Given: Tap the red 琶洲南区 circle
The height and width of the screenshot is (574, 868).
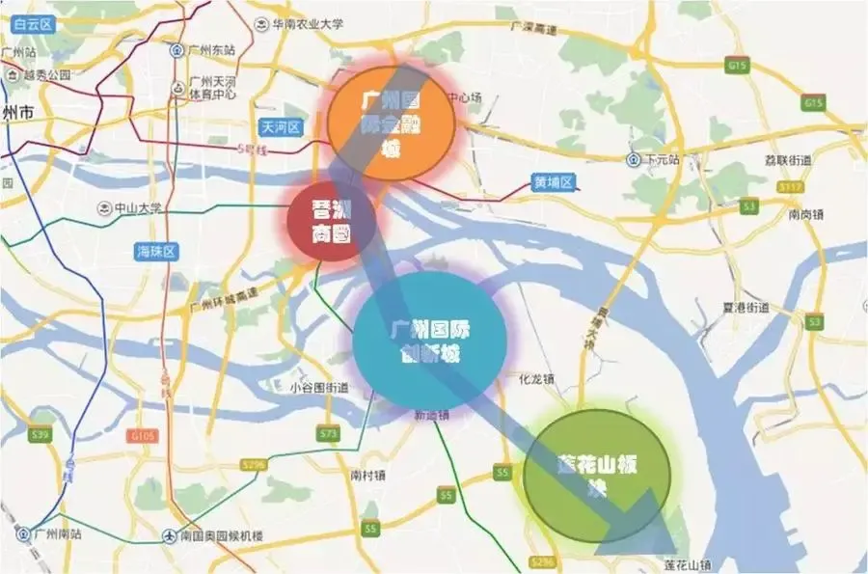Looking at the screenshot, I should tap(330, 221).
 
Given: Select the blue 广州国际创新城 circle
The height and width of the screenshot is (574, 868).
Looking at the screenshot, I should tap(429, 340).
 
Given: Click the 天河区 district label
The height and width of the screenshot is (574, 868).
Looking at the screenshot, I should tap(282, 127).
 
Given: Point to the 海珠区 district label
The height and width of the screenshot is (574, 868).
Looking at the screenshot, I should tap(157, 252).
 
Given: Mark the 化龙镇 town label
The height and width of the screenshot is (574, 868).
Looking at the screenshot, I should tap(536, 378).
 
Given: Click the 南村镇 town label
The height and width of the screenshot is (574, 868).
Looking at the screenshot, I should tap(367, 476).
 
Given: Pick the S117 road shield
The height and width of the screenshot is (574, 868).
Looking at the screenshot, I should tap(793, 186).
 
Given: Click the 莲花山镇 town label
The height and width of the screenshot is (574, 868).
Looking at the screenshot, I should tap(687, 564).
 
